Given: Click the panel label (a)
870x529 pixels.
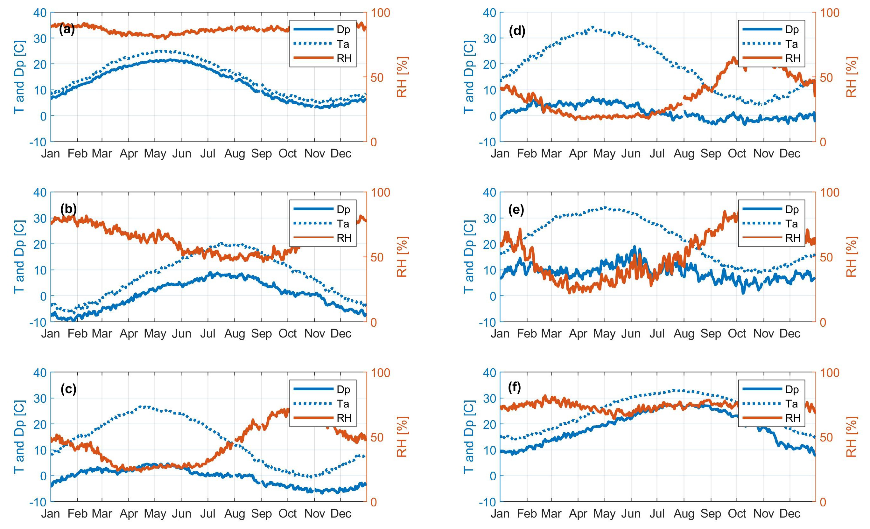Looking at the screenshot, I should pos(67,30).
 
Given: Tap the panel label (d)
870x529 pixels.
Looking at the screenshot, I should pos(517,31).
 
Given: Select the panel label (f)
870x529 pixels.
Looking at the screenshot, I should pos(515,387).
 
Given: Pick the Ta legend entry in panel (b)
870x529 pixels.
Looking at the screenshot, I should pos(343,224).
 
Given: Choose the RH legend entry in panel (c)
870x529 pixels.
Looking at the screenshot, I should pos(344,418).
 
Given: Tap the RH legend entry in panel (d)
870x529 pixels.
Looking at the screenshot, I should pos(793,58).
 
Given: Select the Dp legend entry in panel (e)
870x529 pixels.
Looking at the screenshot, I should pos(792,209).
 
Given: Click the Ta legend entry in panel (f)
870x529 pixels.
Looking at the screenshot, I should pos(792,403).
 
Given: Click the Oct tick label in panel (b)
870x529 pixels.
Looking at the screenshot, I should pos(288,333).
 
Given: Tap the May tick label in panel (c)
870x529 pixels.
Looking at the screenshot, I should pos(155,513).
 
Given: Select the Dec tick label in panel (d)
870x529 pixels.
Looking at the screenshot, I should pos(790,154).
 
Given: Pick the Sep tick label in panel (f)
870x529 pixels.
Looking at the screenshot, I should pos(710,513).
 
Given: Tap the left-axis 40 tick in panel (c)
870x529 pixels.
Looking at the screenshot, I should pos(40,373).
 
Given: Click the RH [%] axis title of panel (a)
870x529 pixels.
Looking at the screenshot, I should pos(402,77).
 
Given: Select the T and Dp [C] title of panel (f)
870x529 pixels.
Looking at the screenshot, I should pos(468,437).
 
